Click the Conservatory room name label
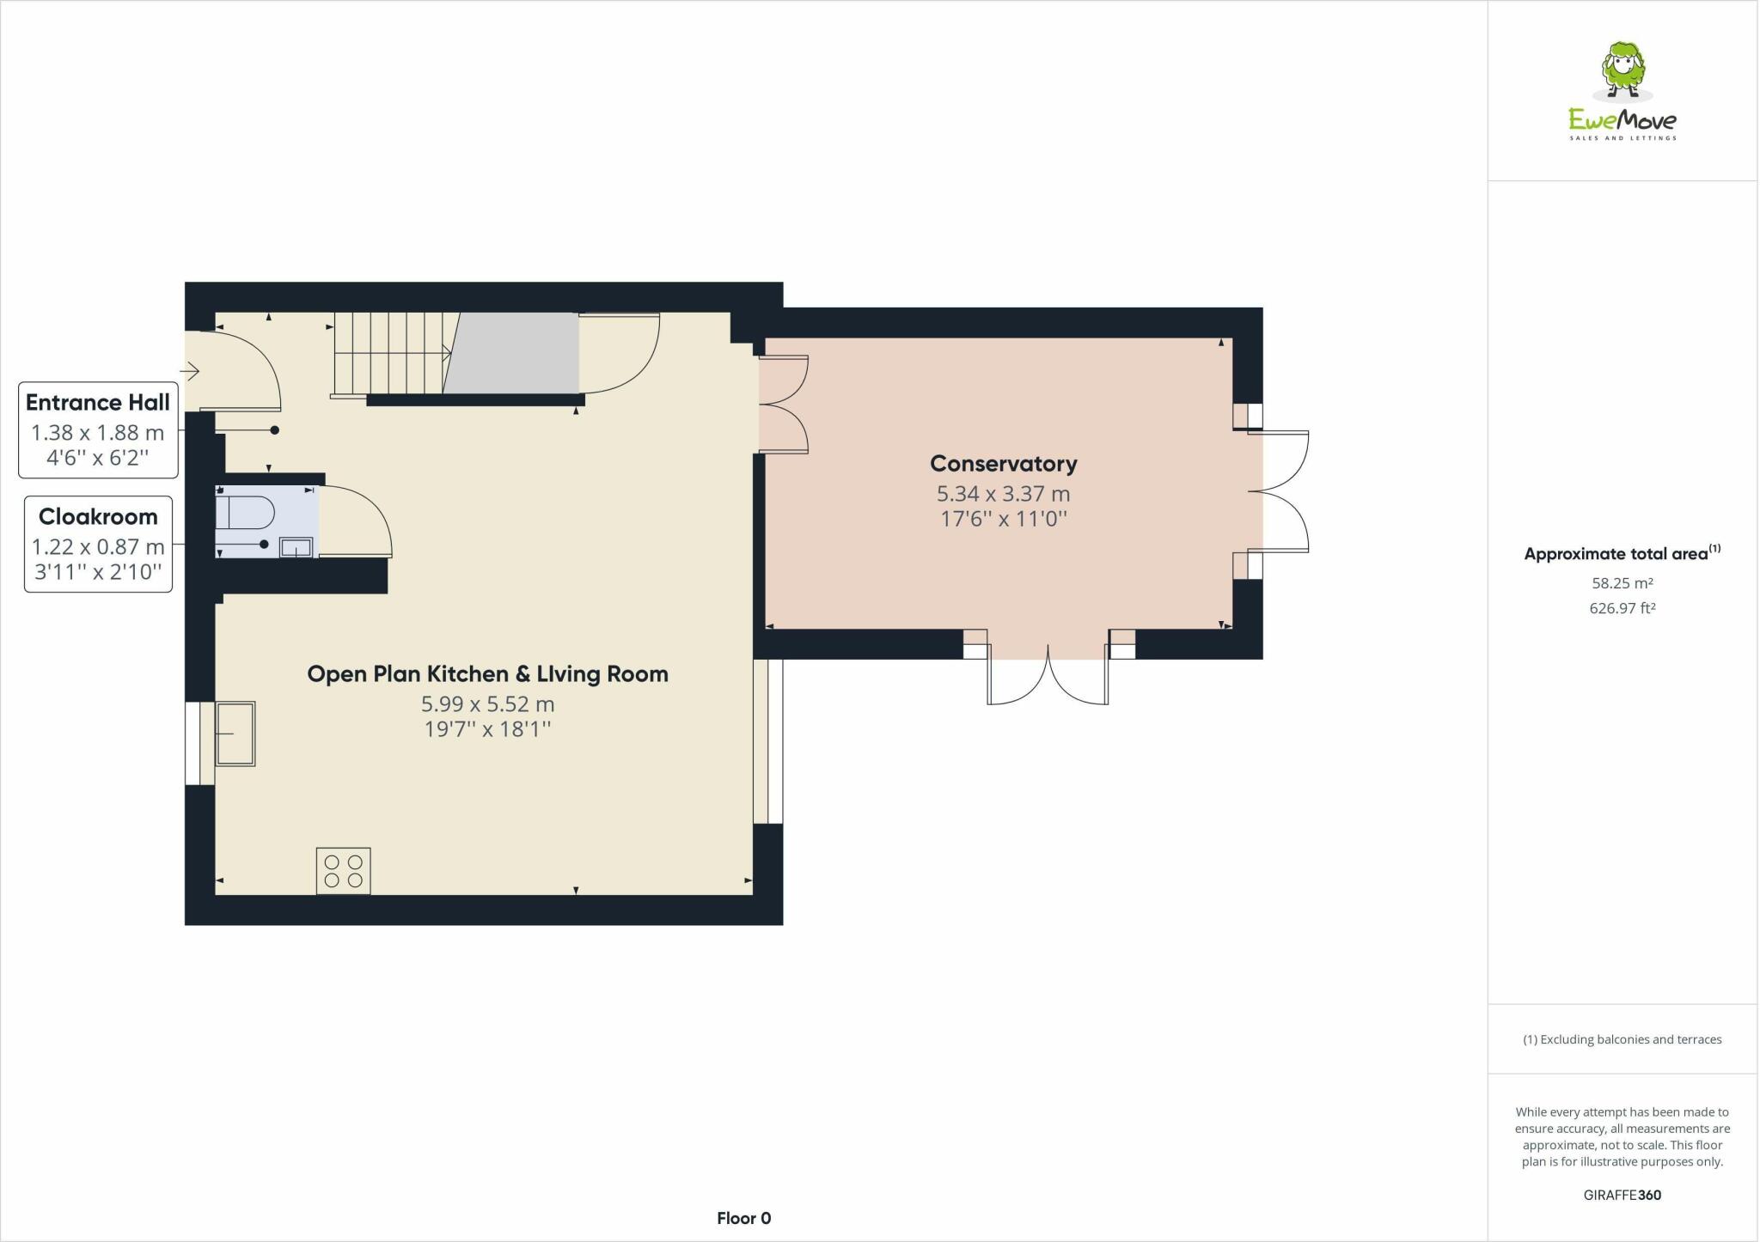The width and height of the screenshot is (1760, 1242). [x=1003, y=464]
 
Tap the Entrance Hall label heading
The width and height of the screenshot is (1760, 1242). [x=98, y=403]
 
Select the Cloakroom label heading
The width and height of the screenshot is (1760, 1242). [x=98, y=517]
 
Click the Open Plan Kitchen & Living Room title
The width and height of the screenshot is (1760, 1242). [x=487, y=674]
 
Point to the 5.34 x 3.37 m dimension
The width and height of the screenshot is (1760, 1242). [x=1003, y=494]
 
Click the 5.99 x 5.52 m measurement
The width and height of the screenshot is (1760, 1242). [x=487, y=704]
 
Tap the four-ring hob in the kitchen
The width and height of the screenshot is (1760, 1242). [x=344, y=870]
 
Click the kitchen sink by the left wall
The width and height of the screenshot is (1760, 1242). [x=235, y=733]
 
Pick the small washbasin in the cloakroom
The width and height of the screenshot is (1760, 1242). [x=296, y=547]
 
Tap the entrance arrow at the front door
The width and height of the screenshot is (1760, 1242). [x=190, y=372]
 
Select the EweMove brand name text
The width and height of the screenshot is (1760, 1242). [x=1622, y=120]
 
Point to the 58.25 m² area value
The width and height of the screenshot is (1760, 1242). [x=1622, y=583]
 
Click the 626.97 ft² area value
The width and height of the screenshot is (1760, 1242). [x=1622, y=608]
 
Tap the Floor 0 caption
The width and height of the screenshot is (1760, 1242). [x=744, y=1218]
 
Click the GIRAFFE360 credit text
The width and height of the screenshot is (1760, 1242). [x=1622, y=1195]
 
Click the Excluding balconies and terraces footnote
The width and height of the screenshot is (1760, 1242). [x=1622, y=1039]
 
